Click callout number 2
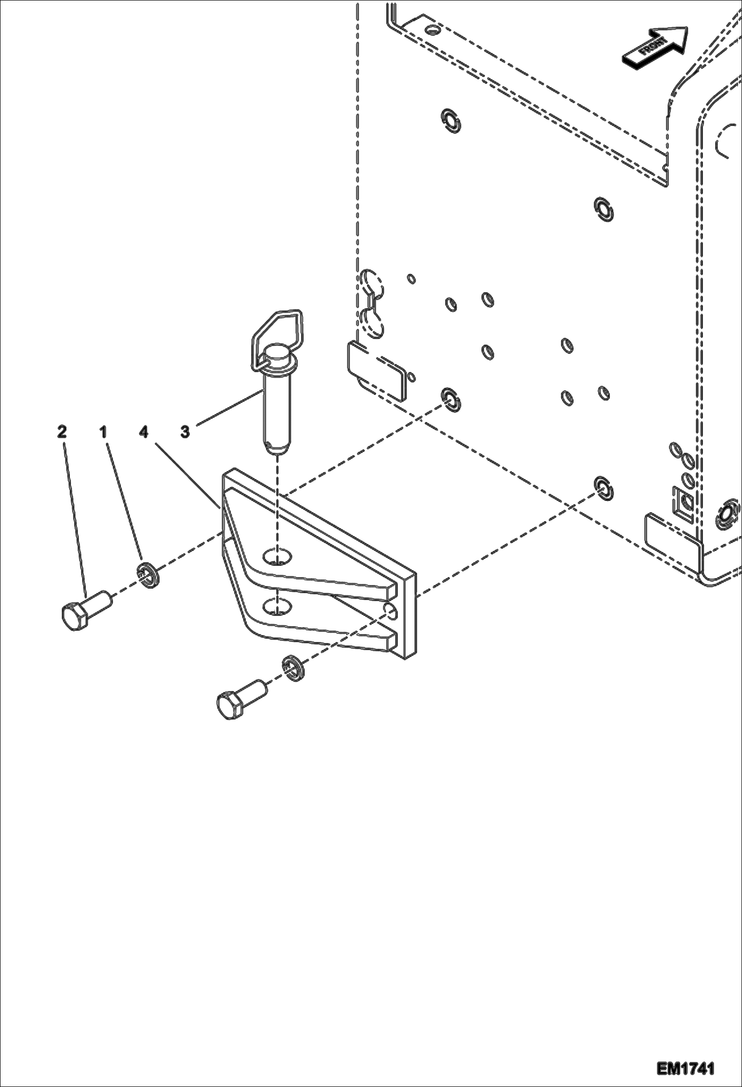61,432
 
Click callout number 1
103,432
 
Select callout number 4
144,432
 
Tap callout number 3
185,432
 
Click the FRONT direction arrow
655,46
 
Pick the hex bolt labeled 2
85,610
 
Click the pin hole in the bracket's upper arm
277,556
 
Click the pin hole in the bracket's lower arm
277,605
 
